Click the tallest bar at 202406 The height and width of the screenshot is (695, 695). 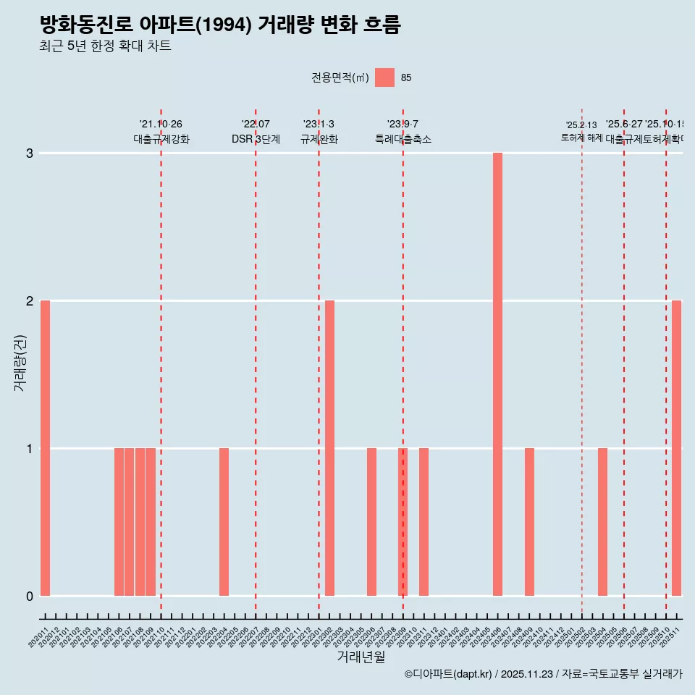pos(497,374)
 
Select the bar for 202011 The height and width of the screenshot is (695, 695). pos(45,448)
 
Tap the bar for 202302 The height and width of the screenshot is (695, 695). pos(329,448)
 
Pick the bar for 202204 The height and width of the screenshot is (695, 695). pos(224,522)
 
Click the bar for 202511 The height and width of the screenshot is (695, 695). pos(676,448)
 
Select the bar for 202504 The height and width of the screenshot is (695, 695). pos(602,522)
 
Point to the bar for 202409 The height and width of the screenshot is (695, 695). pos(529,522)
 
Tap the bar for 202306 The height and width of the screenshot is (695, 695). pos(371,522)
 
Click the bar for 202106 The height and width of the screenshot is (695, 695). pos(119,522)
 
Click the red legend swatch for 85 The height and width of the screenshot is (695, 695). pos(384,77)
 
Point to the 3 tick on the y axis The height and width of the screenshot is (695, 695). pos(30,153)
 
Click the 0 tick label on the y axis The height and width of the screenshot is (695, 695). pos(30,596)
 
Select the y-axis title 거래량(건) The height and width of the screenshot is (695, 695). pos(20,363)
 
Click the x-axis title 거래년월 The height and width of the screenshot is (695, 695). pos(361,657)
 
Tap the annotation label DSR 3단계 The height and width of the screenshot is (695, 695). pos(256,139)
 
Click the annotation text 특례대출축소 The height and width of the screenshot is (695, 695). pos(403,139)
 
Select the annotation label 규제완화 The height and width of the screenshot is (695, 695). pos(319,139)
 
